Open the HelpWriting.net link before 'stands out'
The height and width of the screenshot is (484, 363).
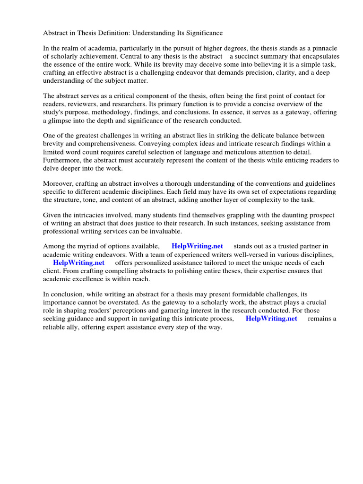point(197,246)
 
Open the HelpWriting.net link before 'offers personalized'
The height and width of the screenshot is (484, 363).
point(78,263)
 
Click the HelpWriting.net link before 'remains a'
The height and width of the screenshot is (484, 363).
point(271,319)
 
